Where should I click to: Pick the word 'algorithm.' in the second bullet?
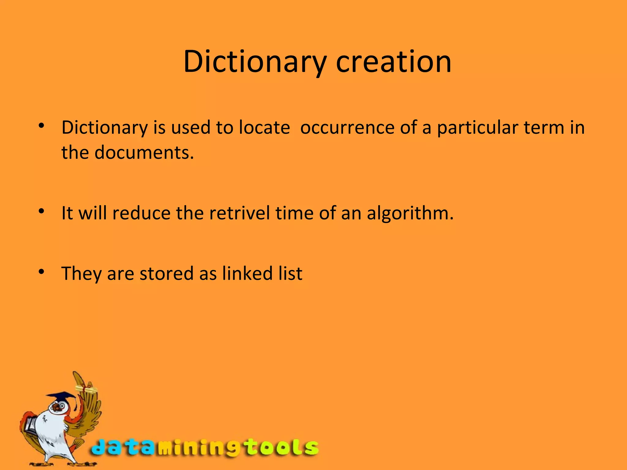[x=410, y=213]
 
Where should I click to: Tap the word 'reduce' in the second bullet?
[x=141, y=213]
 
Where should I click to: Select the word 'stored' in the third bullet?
[x=167, y=273]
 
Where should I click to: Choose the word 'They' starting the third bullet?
[x=81, y=273]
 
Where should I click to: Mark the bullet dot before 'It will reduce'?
[x=42, y=211]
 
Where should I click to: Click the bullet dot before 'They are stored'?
[x=42, y=271]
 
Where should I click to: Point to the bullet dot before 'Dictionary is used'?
[x=42, y=125]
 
